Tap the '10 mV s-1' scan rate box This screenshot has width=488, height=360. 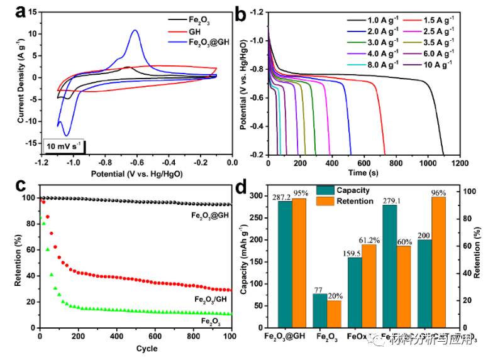coord(65,146)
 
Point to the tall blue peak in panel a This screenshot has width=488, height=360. coord(135,31)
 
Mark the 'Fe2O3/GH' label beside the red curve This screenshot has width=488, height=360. coord(211,299)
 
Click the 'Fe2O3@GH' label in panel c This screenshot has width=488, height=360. coord(211,215)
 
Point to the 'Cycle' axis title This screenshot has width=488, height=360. coord(136,349)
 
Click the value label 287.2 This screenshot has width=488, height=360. coord(284,196)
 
